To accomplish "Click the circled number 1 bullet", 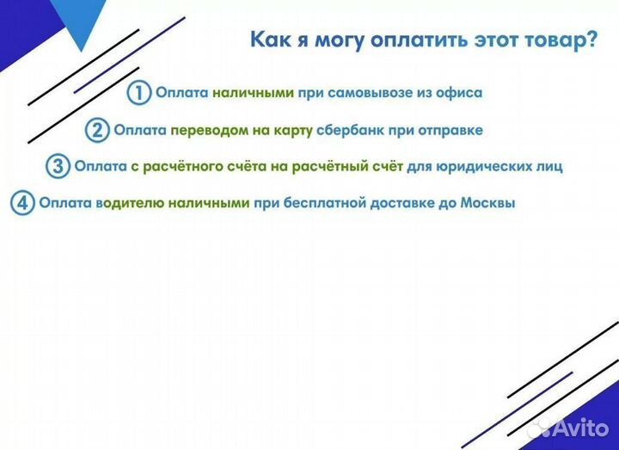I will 139,93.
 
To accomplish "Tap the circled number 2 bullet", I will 97,131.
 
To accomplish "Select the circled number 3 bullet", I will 58,167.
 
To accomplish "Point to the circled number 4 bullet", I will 22,205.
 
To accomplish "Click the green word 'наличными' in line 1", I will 254,93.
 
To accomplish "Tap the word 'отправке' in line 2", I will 448,131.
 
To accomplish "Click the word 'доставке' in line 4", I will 402,205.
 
